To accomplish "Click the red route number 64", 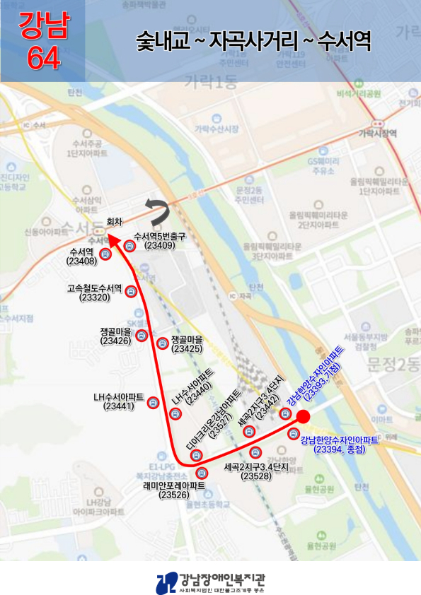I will (x=43, y=59).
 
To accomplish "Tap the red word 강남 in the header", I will (x=43, y=27).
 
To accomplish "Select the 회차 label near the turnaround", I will (x=115, y=220).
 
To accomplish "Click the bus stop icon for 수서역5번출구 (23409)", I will (x=129, y=246).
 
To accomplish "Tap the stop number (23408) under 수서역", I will (x=81, y=261).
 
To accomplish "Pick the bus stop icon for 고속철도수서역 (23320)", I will (x=131, y=293).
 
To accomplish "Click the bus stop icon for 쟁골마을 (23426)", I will (x=142, y=336).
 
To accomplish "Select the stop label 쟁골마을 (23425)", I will (x=187, y=344).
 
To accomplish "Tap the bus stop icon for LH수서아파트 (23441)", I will (x=152, y=403).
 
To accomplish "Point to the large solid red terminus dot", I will (x=303, y=416).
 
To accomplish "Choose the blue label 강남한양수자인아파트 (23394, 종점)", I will (x=339, y=445).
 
